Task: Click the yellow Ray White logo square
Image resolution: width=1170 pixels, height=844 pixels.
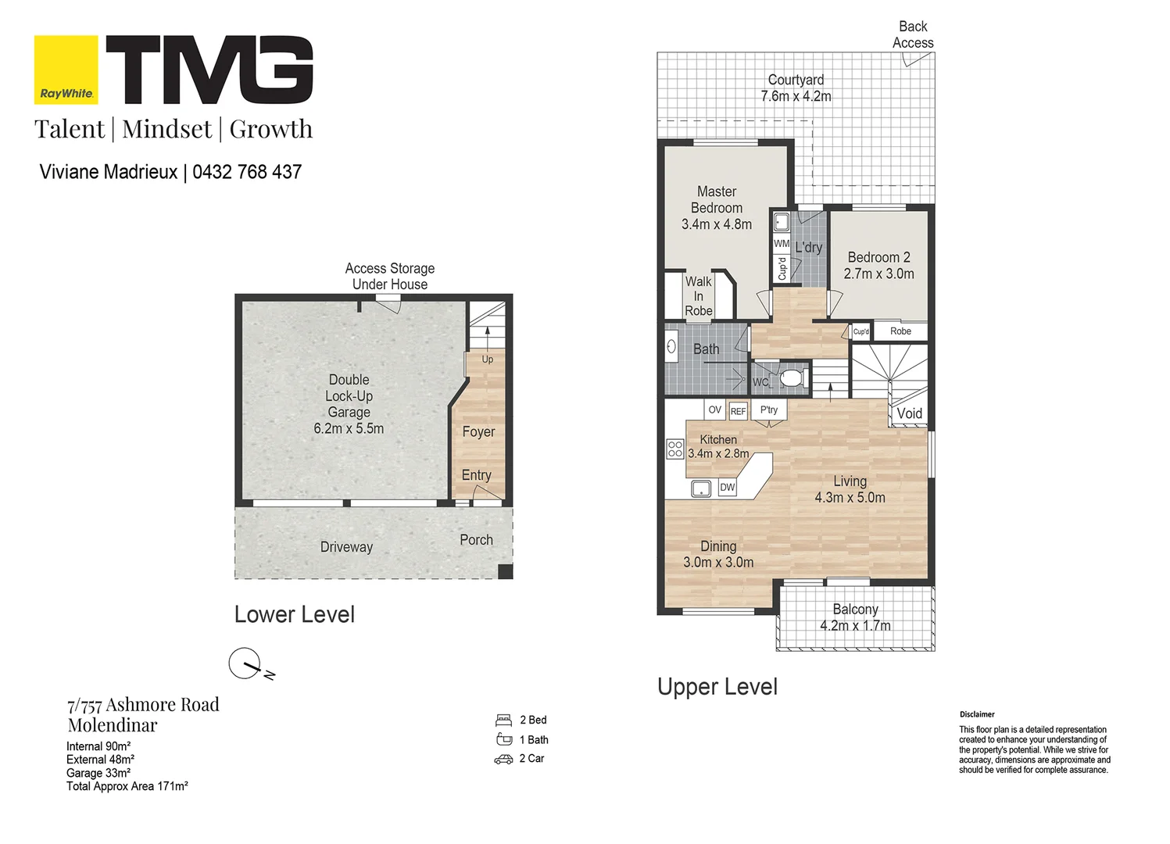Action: tap(66, 70)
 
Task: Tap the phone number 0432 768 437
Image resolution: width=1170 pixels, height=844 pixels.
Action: tap(247, 172)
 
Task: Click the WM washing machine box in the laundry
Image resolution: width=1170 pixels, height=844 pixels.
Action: tap(782, 243)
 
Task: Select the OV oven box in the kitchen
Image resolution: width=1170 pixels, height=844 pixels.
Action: tap(714, 410)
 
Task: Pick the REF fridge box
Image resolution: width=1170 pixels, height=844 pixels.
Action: tap(738, 411)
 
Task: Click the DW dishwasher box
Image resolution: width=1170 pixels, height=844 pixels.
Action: tap(727, 488)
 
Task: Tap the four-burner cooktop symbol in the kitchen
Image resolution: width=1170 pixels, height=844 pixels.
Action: tap(674, 449)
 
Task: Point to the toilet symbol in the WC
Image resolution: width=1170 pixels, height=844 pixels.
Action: tap(793, 377)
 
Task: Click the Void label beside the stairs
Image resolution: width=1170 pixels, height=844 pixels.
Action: tap(910, 413)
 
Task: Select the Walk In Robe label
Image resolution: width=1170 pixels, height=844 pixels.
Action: tap(699, 296)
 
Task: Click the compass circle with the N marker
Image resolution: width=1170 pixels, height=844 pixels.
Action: tap(245, 663)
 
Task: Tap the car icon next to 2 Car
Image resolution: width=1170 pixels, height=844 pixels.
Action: tap(503, 760)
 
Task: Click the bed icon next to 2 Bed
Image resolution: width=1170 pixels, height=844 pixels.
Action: tap(503, 721)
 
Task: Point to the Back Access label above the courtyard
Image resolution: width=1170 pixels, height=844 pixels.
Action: tap(913, 34)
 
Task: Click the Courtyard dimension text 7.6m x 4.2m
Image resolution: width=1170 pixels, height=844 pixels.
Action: tap(796, 96)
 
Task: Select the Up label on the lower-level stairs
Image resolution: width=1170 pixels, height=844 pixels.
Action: tap(488, 359)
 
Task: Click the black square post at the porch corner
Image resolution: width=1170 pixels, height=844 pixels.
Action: tap(505, 571)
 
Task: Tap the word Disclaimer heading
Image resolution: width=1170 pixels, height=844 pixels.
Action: tap(977, 714)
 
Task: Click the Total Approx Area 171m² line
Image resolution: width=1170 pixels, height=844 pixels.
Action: tap(127, 786)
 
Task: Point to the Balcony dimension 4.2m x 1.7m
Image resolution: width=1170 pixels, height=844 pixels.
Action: tap(855, 625)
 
